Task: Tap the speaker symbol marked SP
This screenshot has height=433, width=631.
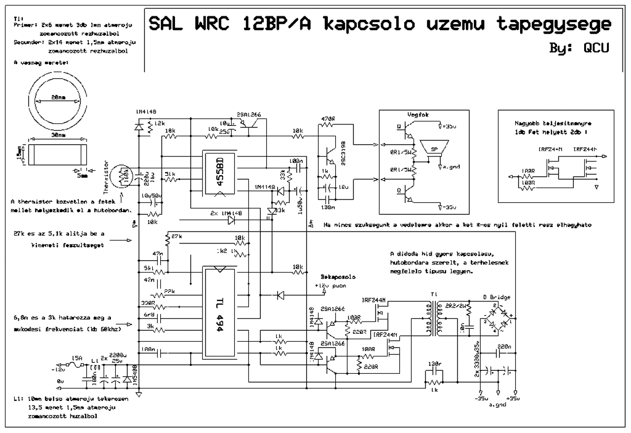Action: pyautogui.click(x=435, y=149)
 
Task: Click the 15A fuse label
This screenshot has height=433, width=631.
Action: pyautogui.click(x=76, y=358)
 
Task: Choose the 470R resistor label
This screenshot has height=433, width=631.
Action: pyautogui.click(x=328, y=119)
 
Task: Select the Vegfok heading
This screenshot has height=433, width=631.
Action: pyautogui.click(x=418, y=115)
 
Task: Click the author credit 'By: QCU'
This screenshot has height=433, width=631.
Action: pyautogui.click(x=579, y=48)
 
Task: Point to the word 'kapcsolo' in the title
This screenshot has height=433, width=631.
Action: pyautogui.click(x=367, y=24)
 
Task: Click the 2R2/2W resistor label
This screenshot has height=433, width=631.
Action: pyautogui.click(x=456, y=305)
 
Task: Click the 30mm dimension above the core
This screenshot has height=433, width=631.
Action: pyautogui.click(x=58, y=135)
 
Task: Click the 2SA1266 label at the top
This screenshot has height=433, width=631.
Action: pyautogui.click(x=249, y=114)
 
